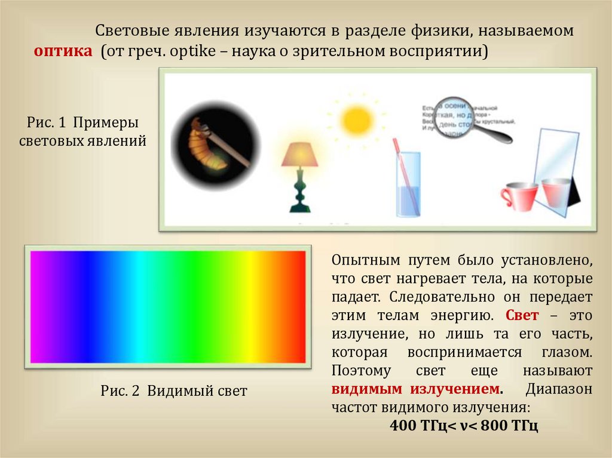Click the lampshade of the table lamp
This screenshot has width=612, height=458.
[x=299, y=155]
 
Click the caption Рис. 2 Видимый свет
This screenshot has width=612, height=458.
[x=174, y=391]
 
